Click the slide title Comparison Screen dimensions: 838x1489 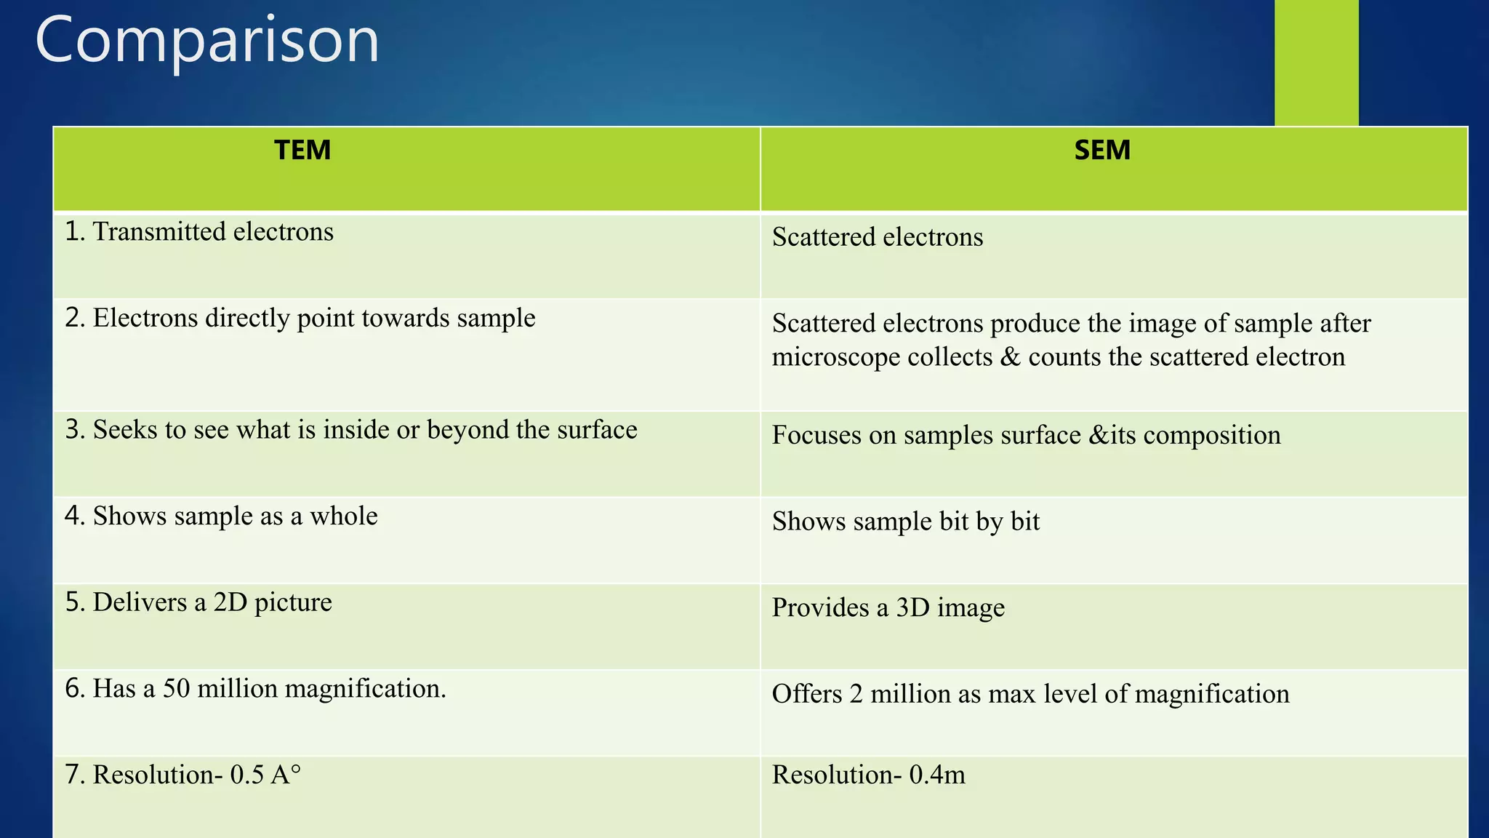click(x=207, y=41)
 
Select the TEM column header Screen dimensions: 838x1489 click(x=302, y=151)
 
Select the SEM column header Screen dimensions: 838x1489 click(x=1102, y=151)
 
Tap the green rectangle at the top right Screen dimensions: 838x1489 click(x=1316, y=62)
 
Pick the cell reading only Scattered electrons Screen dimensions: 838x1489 click(x=877, y=237)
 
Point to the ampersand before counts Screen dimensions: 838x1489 click(x=1010, y=357)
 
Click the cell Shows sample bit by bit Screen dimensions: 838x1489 click(x=905, y=522)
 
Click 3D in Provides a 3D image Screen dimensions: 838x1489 click(x=912, y=607)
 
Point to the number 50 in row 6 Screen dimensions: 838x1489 click(x=176, y=689)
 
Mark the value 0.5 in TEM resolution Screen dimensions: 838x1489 click(x=246, y=775)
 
